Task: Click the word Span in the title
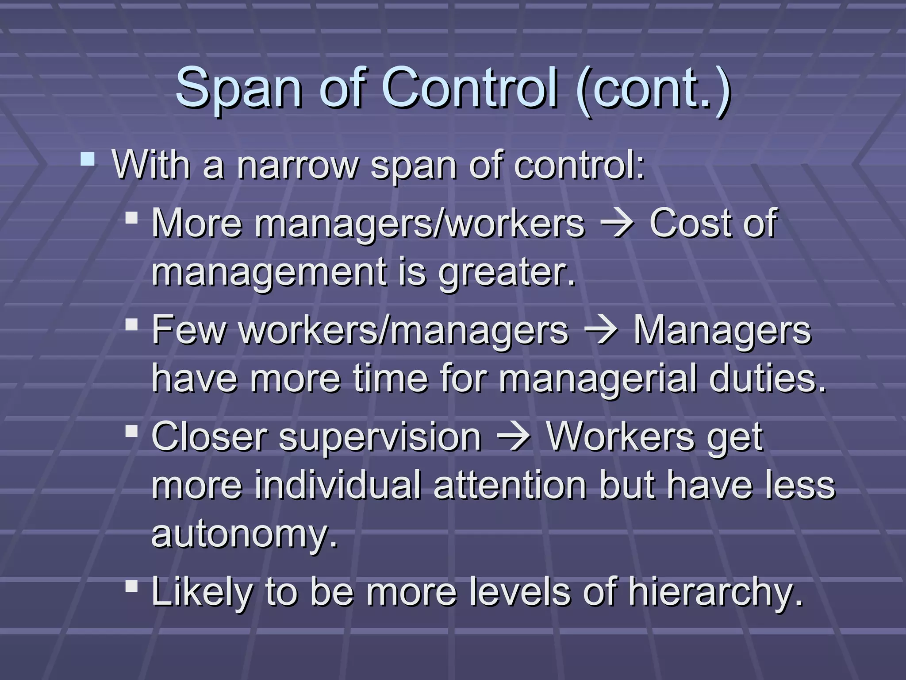(239, 89)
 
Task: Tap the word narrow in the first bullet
(297, 165)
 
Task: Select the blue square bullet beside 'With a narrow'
(88, 159)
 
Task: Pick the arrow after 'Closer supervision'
(513, 437)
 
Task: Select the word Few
(188, 330)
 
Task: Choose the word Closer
(209, 437)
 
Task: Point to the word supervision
(380, 438)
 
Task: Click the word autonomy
(244, 535)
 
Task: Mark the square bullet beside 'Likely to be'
(131, 586)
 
